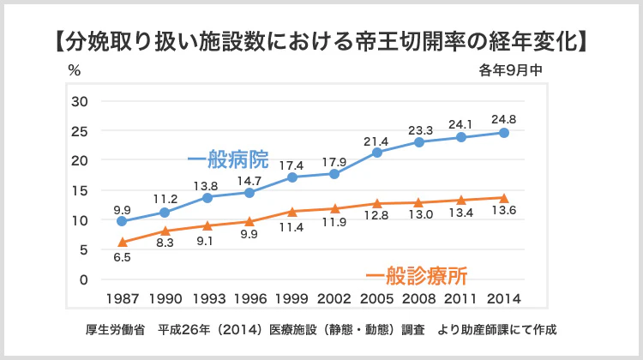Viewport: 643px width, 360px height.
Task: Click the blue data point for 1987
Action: tap(123, 221)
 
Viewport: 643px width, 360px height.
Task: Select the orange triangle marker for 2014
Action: tap(504, 198)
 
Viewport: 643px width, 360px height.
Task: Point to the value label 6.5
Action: tap(123, 257)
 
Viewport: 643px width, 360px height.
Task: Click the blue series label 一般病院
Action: tap(227, 160)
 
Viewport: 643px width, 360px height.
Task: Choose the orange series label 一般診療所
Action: tap(417, 276)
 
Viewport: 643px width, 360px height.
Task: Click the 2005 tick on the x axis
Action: tap(377, 298)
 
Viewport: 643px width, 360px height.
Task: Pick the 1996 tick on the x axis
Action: tap(249, 298)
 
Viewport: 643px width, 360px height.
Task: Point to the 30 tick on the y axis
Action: tap(80, 101)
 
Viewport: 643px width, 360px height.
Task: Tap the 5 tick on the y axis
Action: tap(83, 249)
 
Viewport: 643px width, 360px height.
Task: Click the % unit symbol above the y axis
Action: tap(74, 70)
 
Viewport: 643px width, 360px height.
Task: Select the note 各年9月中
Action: tap(511, 71)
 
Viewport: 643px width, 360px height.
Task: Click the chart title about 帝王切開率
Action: tap(321, 40)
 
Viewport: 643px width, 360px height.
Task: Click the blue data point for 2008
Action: tap(419, 141)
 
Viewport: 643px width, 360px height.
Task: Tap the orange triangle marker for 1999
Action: tap(292, 211)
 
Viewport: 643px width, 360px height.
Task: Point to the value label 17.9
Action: tap(334, 161)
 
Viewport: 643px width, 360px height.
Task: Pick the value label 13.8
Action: tap(207, 185)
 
